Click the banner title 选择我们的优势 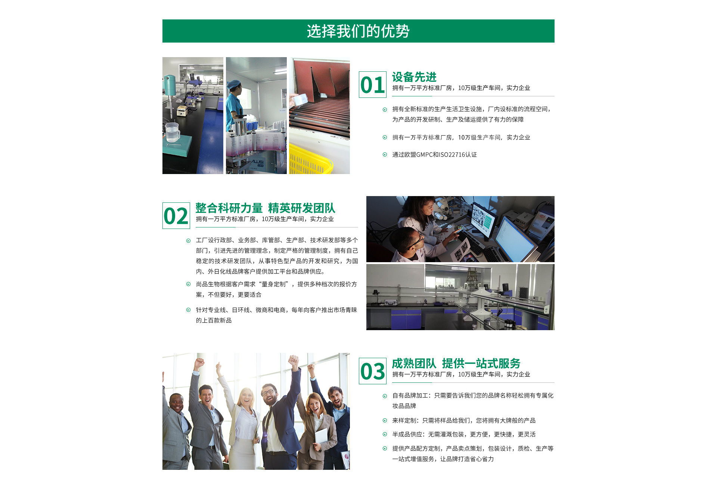point(358,31)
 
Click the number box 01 point(373,85)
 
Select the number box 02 point(176,215)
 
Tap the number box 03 point(373,371)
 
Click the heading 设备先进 point(414,77)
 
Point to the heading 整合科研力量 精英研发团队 point(266,208)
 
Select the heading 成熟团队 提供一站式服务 point(456,363)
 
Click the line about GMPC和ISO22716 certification point(434,155)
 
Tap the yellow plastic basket point(310,159)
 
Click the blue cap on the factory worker point(234,84)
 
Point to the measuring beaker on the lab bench point(172,132)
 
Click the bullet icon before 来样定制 point(385,421)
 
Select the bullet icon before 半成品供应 point(385,434)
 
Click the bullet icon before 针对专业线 point(188,310)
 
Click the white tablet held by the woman point(321,436)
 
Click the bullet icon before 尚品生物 point(188,284)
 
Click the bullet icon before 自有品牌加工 point(385,396)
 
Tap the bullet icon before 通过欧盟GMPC point(385,155)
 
